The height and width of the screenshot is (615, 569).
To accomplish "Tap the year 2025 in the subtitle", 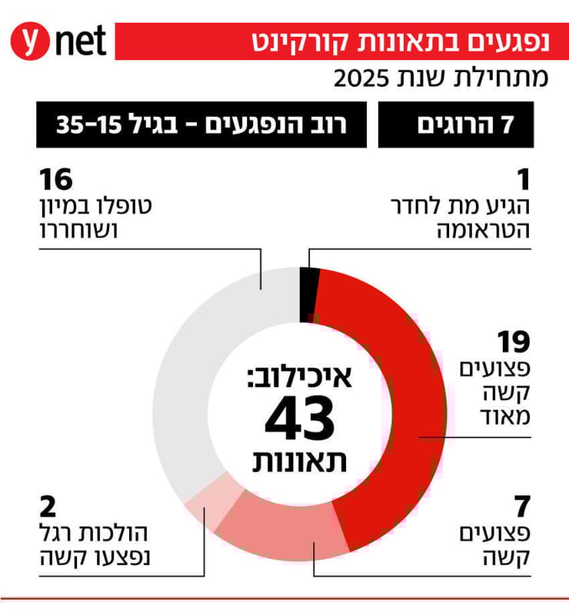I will (x=361, y=78).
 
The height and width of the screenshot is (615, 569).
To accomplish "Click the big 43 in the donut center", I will (x=300, y=419).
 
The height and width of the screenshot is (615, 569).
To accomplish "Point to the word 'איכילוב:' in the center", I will (x=300, y=378).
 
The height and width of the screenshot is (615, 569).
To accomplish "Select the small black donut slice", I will (x=308, y=292).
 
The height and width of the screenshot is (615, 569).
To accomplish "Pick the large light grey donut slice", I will (x=200, y=369).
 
